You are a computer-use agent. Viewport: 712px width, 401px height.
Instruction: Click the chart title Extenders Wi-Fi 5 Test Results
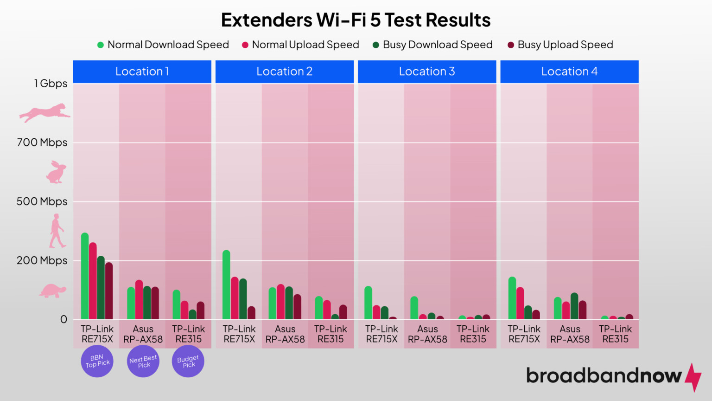[x=356, y=20]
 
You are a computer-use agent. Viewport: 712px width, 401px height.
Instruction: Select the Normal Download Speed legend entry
[x=163, y=45]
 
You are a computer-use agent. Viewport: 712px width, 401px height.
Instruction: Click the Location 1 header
[x=142, y=71]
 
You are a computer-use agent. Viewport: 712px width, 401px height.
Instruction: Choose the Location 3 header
[x=426, y=71]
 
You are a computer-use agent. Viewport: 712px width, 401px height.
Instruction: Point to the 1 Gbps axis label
[x=51, y=84]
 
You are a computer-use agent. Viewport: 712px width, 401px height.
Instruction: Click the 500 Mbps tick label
[x=42, y=201]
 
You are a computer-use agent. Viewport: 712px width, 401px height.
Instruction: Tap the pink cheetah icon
[x=44, y=113]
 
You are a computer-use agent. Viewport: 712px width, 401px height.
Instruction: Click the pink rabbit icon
[x=56, y=172]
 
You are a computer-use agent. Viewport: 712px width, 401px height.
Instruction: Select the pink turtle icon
[x=52, y=291]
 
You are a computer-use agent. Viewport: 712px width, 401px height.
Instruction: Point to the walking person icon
[x=57, y=231]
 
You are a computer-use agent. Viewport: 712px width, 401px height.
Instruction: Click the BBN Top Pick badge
[x=97, y=361]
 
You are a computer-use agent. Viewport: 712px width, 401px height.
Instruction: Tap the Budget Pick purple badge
[x=188, y=361]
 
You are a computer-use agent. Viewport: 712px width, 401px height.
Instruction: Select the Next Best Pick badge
[x=143, y=361]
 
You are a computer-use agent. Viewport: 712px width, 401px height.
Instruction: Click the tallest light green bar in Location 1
[x=85, y=276]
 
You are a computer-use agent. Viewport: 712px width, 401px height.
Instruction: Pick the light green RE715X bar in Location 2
[x=226, y=285]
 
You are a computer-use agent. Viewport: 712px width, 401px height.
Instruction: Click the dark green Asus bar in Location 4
[x=574, y=306]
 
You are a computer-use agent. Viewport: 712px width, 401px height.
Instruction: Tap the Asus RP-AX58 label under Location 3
[x=427, y=334]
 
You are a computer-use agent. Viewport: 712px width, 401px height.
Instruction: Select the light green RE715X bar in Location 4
[x=512, y=298]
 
